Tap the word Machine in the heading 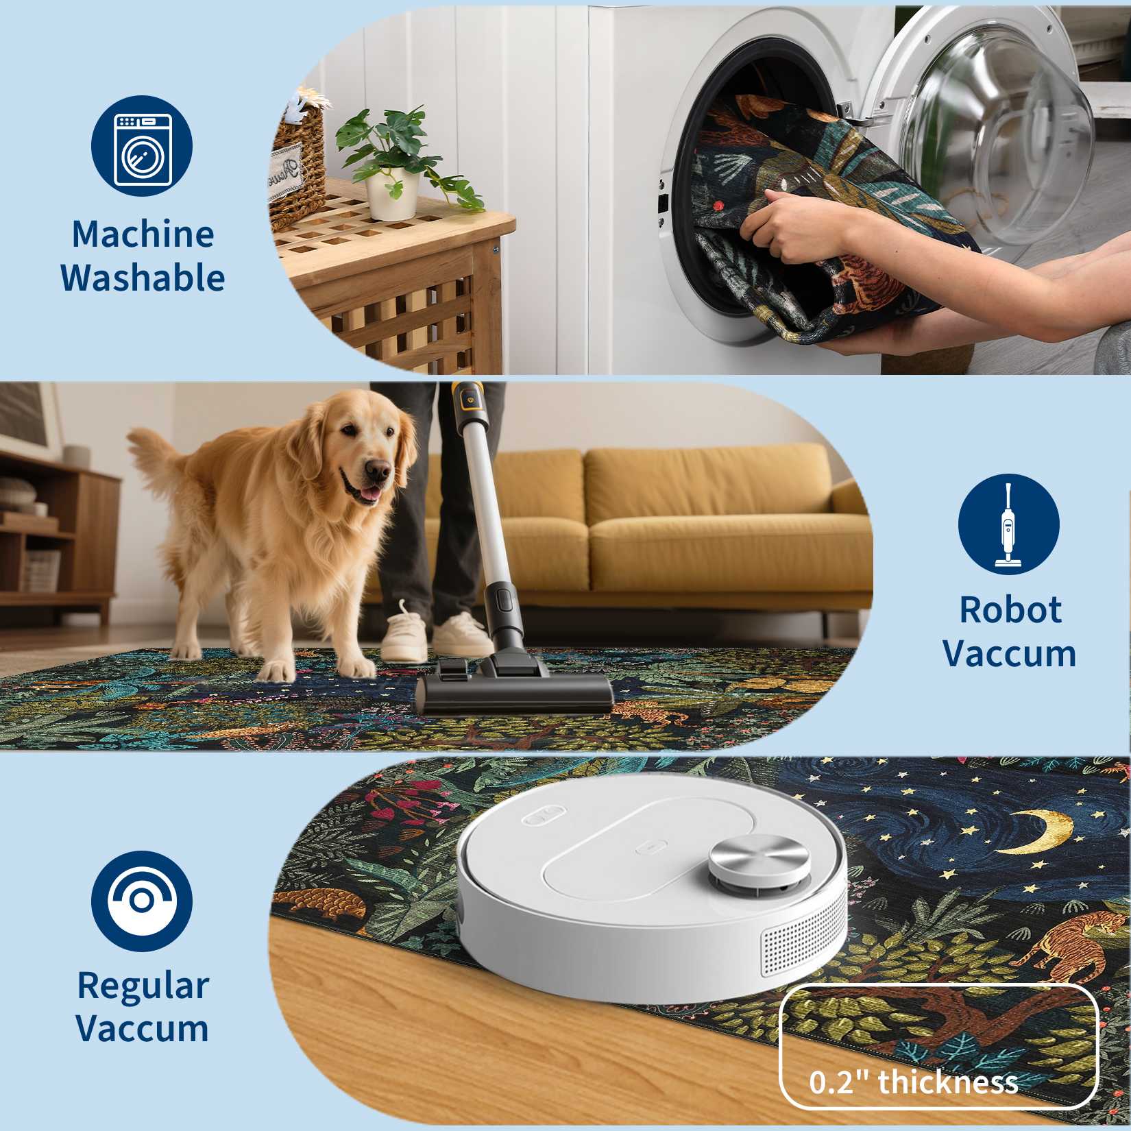click(x=143, y=234)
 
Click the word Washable click(x=143, y=278)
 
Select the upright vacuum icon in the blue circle click(x=1008, y=525)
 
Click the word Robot click(x=1010, y=609)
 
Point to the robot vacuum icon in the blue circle click(x=142, y=901)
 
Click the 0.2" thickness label click(x=913, y=1082)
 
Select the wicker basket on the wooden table click(x=297, y=161)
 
